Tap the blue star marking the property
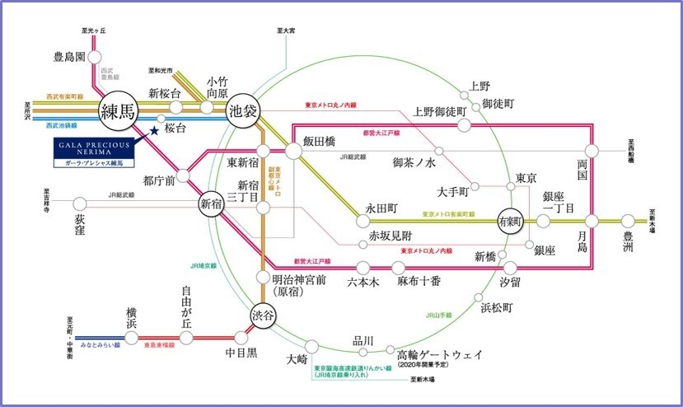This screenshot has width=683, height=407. [x=154, y=129]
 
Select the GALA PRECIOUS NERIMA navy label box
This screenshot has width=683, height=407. [x=92, y=153]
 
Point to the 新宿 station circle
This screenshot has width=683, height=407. [x=211, y=203]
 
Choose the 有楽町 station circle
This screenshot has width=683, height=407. [x=512, y=221]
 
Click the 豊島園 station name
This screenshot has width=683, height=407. [x=70, y=58]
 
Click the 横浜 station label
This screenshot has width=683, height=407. [x=130, y=319]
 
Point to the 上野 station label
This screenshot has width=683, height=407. [x=480, y=85]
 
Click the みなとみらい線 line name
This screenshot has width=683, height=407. [x=98, y=344]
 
